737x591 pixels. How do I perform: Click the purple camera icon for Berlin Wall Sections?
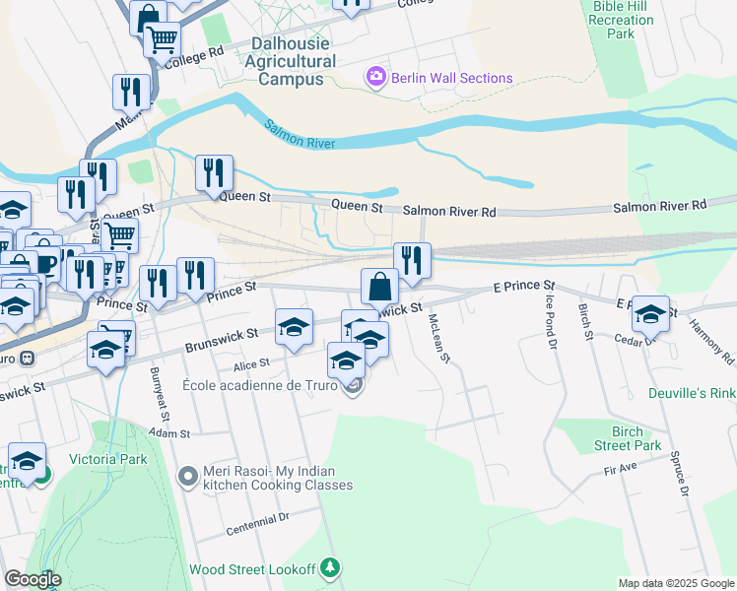click(375, 78)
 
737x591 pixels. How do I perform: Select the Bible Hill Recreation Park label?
click(621, 20)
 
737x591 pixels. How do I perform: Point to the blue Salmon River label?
click(301, 135)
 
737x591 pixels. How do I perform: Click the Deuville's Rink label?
click(692, 393)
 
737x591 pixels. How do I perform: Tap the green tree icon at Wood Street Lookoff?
click(332, 567)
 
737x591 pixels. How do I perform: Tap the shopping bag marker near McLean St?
click(379, 288)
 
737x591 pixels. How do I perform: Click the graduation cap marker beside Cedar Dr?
click(650, 314)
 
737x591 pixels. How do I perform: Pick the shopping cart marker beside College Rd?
click(162, 40)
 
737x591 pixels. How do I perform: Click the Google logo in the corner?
click(33, 578)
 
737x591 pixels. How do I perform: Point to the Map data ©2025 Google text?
click(675, 583)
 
